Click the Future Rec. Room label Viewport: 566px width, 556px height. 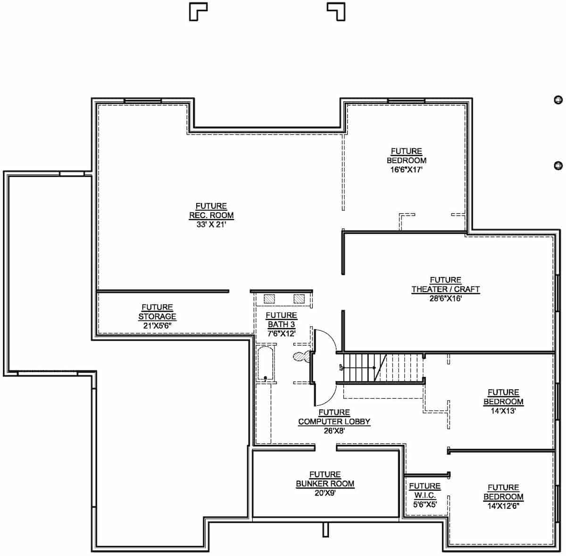[x=211, y=211]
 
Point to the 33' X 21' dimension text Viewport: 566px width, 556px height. [x=211, y=225]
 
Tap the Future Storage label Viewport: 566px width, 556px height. [x=157, y=312]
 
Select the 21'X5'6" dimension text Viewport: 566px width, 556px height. [x=157, y=326]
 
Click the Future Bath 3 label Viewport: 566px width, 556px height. [x=281, y=320]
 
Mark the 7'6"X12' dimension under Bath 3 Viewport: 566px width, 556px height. [x=281, y=334]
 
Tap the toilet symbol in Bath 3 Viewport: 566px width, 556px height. [x=301, y=357]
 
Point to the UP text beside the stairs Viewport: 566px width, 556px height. [x=340, y=368]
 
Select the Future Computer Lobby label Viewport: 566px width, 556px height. [x=334, y=417]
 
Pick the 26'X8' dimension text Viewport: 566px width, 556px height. [x=334, y=431]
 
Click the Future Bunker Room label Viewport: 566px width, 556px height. [x=325, y=479]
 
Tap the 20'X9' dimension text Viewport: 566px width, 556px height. [x=325, y=493]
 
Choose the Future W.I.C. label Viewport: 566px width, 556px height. [x=424, y=491]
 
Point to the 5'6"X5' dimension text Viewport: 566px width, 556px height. [x=424, y=504]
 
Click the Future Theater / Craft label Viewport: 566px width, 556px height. [x=445, y=285]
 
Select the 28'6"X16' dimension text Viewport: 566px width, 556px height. [x=445, y=298]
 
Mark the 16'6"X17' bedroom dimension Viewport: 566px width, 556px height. [x=406, y=169]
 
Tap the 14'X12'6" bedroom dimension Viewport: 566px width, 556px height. [x=503, y=506]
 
